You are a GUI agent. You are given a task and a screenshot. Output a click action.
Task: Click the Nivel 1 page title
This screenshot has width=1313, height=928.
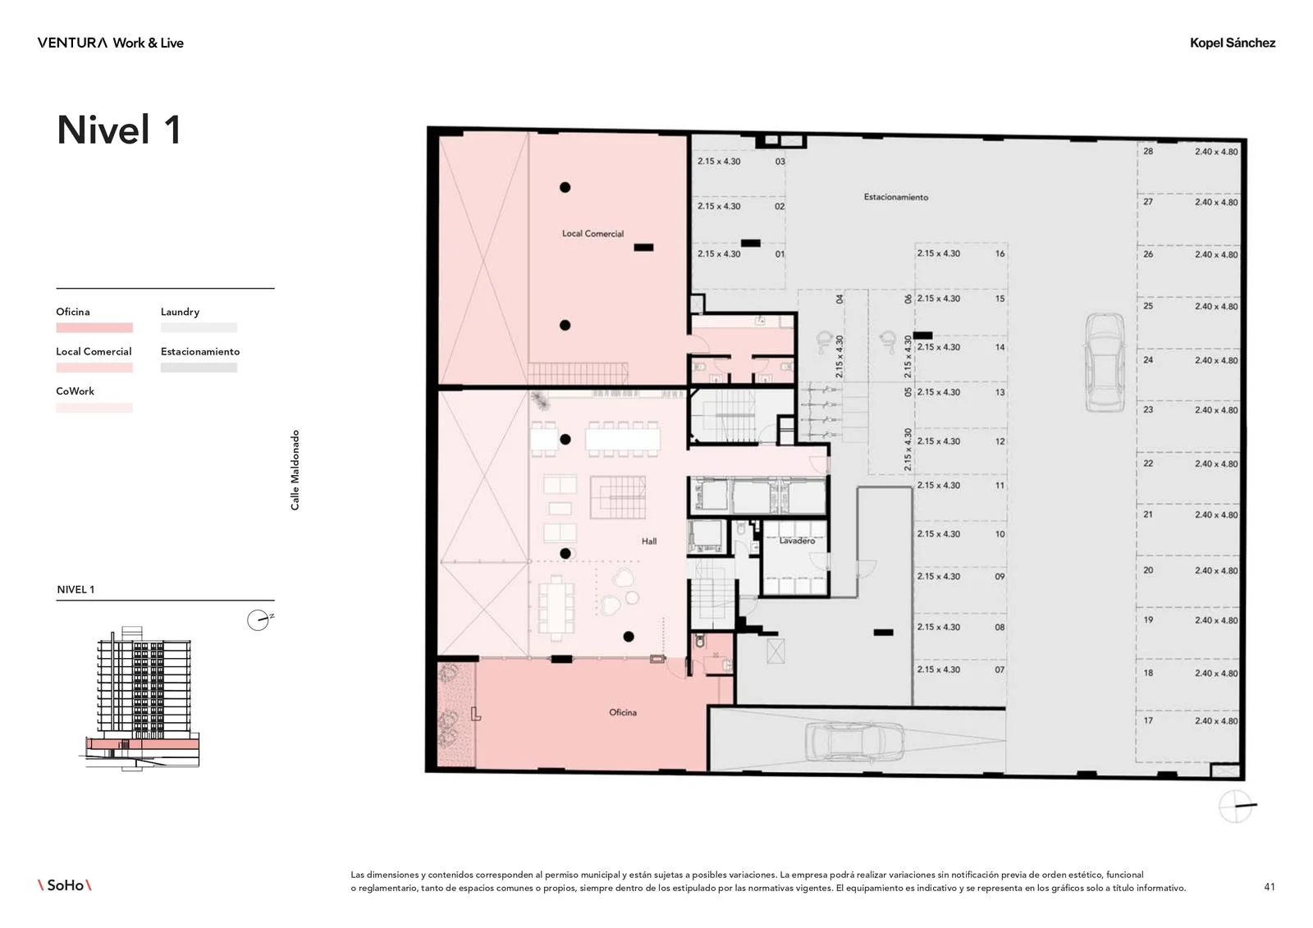click(119, 130)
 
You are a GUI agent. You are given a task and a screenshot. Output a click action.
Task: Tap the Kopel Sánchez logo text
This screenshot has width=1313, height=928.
click(1232, 43)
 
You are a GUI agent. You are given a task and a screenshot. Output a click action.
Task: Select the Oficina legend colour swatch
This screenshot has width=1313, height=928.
click(94, 327)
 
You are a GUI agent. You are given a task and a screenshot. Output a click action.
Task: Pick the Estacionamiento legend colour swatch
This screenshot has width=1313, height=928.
click(199, 368)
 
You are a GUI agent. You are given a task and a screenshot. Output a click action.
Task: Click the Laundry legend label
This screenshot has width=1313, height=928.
click(180, 312)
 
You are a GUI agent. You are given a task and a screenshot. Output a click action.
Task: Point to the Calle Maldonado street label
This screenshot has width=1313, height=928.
click(295, 470)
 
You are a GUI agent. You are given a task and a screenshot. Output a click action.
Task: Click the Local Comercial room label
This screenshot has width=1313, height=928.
click(592, 233)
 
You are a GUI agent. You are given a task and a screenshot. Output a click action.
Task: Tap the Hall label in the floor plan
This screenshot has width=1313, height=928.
click(649, 541)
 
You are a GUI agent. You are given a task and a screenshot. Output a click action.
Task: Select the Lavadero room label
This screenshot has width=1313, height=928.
click(797, 541)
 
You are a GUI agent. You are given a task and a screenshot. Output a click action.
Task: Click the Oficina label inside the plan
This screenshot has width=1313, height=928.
click(623, 712)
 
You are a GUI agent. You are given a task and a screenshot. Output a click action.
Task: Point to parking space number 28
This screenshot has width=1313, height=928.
click(1148, 151)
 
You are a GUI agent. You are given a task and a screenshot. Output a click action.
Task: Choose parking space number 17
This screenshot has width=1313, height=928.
click(1148, 720)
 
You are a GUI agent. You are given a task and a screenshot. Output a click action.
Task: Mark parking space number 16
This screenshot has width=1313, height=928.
click(1000, 254)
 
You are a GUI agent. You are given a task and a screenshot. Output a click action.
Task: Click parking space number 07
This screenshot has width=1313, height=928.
click(1000, 670)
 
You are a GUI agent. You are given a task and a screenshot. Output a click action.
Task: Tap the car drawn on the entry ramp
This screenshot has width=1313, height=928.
click(854, 742)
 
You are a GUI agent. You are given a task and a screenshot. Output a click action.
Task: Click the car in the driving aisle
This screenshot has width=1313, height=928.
click(1105, 363)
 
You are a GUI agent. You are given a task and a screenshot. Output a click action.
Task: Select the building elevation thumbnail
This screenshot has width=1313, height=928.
click(140, 697)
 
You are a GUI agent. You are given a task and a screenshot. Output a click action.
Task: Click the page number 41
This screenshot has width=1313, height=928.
click(1269, 887)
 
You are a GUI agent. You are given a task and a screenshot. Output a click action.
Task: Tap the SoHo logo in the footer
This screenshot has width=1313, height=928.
click(65, 885)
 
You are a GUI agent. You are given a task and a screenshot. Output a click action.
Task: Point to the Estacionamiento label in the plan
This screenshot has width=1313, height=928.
click(895, 197)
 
